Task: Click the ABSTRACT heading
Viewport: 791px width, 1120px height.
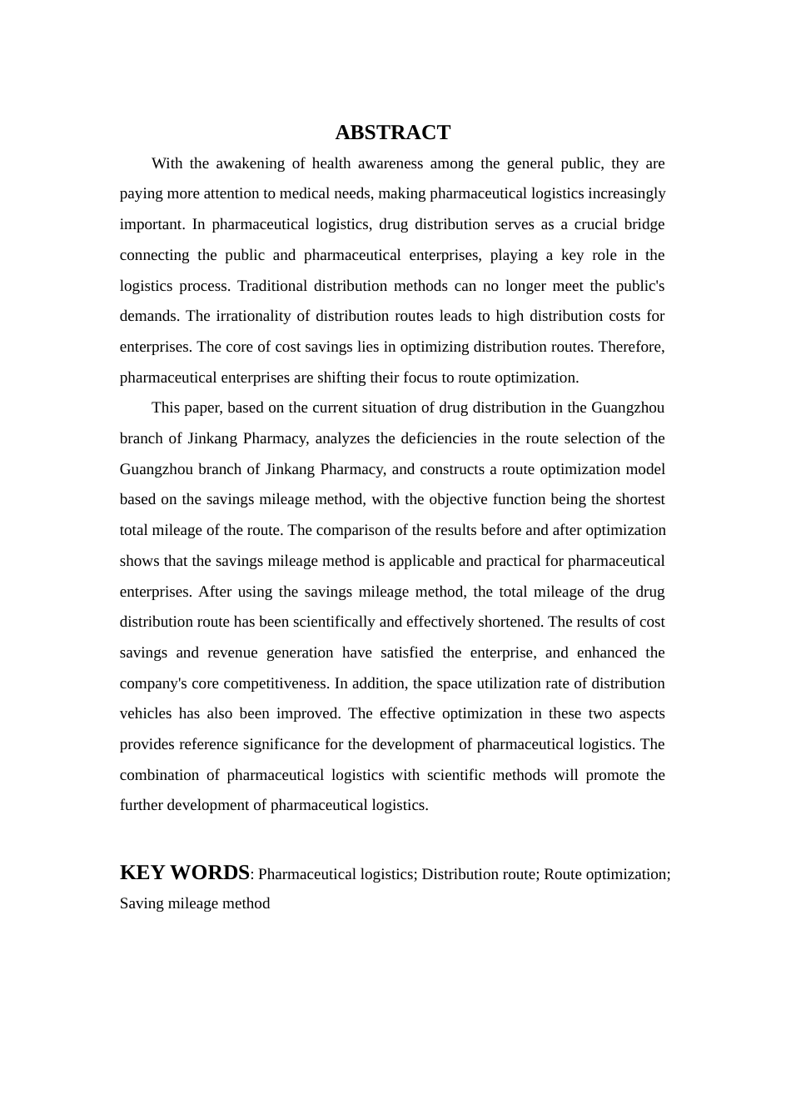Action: [392, 132]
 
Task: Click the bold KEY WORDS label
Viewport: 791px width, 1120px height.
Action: [184, 872]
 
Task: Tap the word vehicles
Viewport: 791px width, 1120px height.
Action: [146, 713]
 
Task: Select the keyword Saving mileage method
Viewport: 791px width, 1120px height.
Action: [195, 903]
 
